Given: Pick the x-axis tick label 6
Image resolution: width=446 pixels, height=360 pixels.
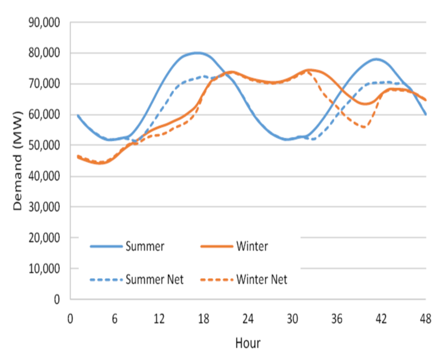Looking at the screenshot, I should coord(114,319).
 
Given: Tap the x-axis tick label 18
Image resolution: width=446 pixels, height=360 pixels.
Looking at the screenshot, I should coord(203,319).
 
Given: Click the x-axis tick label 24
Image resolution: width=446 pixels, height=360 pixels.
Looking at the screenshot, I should coord(248,319).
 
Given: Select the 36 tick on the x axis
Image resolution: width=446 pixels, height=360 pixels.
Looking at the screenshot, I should coord(337,319).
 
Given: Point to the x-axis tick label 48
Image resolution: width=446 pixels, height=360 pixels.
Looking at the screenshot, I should coord(425,319).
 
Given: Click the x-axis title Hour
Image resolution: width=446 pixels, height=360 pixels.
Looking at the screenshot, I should coord(248,343).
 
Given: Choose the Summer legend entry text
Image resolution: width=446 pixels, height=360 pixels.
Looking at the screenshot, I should coord(145,247).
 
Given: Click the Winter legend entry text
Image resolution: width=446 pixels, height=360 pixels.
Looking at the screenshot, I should coord(252,247).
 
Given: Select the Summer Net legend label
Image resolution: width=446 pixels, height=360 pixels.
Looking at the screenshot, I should coord(154,279).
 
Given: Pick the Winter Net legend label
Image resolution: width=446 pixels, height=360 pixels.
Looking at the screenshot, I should coord(262,279).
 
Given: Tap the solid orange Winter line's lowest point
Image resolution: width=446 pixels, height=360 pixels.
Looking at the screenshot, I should coord(100,164).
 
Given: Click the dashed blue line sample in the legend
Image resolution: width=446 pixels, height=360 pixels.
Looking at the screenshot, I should coord(106,280).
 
